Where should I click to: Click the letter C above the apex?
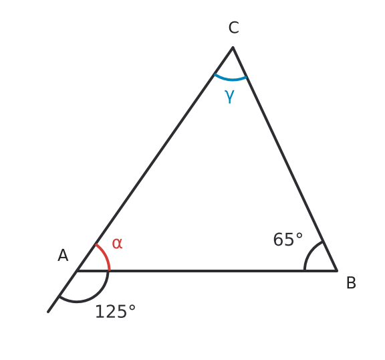pos(233,27)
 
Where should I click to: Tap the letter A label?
pos(63,256)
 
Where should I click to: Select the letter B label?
pos(351,283)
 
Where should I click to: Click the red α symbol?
pos(117,244)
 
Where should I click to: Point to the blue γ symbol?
pos(229,96)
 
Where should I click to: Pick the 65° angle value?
pos(288,240)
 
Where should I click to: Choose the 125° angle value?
pos(115,311)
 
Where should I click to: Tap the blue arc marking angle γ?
pos(230,78)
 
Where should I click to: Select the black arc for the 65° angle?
pos(310,253)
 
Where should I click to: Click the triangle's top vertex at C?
pos(233,48)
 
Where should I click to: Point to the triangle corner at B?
pos(337,270)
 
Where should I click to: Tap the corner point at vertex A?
pos(77,271)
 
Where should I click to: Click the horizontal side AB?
pos(207,271)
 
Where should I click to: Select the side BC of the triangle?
pos(285,159)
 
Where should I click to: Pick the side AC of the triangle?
pos(155,159)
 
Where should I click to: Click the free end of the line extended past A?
pos(48,312)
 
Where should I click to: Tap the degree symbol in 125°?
pos(132,308)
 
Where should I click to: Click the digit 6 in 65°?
pos(278,240)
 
